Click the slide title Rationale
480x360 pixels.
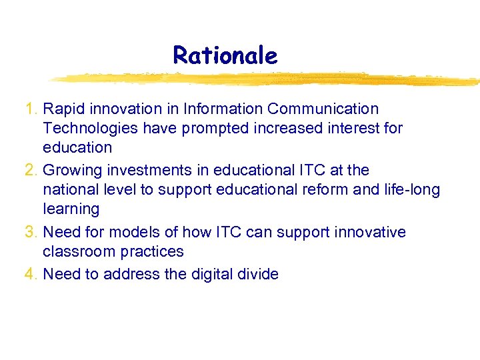click(225, 55)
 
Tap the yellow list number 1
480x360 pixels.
click(29, 109)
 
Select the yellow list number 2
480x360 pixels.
click(29, 171)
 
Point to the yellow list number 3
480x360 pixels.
click(29, 233)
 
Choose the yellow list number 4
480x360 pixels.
click(29, 274)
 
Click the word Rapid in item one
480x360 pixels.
click(64, 109)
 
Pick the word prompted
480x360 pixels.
click(203, 127)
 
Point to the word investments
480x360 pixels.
click(148, 171)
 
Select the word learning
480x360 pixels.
click(71, 209)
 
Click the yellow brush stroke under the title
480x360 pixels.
click(267, 79)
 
